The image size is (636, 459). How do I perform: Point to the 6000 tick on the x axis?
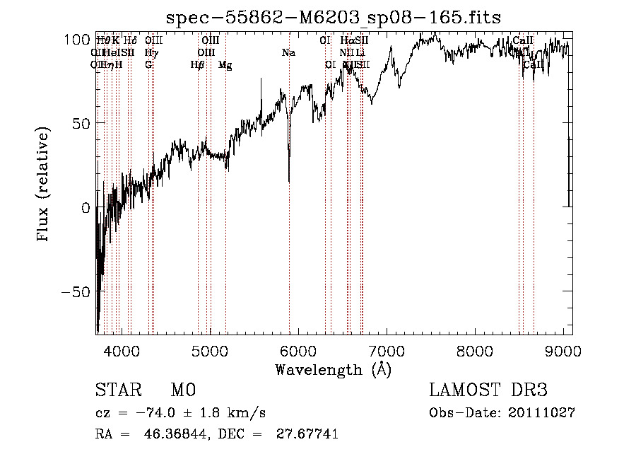(x=299, y=349)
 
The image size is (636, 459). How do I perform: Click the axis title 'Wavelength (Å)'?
(x=333, y=368)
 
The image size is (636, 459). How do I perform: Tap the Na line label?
(x=288, y=52)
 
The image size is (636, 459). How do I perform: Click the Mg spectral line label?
(x=225, y=65)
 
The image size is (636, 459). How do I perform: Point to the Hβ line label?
(x=197, y=65)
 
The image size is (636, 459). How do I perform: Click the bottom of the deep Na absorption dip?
(x=288, y=181)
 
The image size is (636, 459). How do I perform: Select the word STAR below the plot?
(x=118, y=390)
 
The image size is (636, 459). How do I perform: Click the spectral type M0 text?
(x=183, y=390)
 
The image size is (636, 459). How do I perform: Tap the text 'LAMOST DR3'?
(x=488, y=390)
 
